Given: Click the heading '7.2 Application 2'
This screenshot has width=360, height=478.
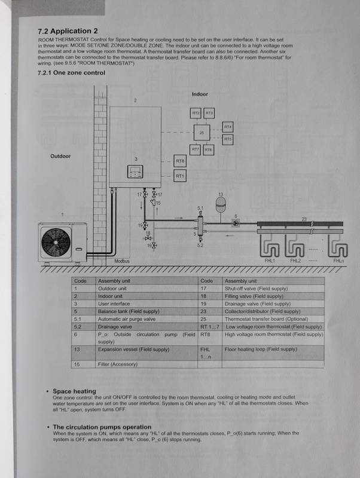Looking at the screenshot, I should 68,30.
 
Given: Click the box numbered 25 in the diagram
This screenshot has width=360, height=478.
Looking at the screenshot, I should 202,132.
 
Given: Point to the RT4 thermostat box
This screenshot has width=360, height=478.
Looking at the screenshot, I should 228,127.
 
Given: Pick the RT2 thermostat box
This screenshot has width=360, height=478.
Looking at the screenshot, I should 196,113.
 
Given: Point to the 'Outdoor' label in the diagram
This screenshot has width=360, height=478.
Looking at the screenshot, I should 60,156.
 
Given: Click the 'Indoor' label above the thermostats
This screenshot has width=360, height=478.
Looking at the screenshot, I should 200,94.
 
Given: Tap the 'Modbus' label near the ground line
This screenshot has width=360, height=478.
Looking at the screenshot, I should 122,261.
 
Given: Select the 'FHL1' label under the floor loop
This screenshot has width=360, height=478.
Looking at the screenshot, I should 270,261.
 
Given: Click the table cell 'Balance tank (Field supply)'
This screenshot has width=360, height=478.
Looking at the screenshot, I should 129,311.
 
